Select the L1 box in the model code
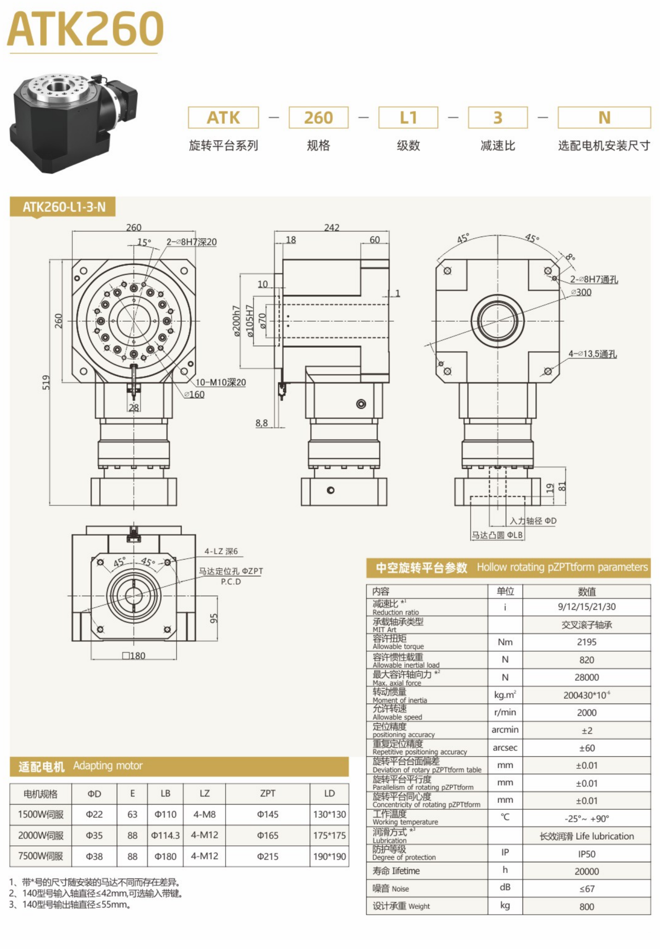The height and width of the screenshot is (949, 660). [x=408, y=118]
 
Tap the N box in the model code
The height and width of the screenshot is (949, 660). [x=604, y=118]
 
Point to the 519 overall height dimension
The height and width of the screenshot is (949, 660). [x=46, y=382]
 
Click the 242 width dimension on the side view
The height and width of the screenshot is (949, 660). [x=331, y=227]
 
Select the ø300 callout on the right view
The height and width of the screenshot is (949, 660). [x=581, y=292]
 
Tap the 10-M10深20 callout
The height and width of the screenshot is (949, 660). [x=220, y=382]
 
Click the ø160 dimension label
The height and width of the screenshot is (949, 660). [x=194, y=394]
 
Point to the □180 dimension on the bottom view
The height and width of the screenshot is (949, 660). [x=133, y=656]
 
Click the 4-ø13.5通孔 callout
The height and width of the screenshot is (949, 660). [x=592, y=354]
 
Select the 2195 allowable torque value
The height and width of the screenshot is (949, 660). [x=586, y=642]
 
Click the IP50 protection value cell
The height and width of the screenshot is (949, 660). [x=586, y=854]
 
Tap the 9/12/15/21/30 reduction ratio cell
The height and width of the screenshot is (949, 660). [x=586, y=607]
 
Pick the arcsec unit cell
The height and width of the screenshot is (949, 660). [x=505, y=748]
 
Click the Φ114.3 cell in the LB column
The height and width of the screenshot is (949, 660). [x=165, y=835]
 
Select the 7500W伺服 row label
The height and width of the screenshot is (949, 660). [x=41, y=856]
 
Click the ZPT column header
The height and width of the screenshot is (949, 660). [x=267, y=793]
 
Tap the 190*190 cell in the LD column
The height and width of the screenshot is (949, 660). [x=329, y=856]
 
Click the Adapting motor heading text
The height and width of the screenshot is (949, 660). [x=108, y=766]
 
